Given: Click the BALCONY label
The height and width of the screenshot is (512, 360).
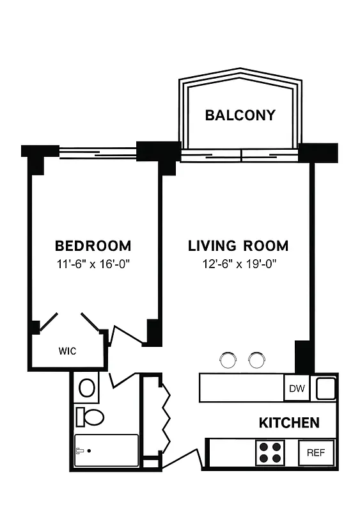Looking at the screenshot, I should [240, 115].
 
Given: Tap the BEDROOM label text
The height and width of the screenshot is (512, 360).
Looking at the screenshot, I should [93, 246].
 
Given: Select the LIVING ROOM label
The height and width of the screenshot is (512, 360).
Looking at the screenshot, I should [238, 246].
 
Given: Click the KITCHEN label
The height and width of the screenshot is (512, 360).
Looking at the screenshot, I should [289, 423].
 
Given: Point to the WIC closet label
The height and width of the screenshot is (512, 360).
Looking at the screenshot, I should [68, 351].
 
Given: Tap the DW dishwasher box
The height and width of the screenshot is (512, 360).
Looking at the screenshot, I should [297, 388].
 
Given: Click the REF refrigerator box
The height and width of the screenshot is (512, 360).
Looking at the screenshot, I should [315, 452].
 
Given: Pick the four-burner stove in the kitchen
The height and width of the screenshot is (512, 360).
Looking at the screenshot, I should [270, 452].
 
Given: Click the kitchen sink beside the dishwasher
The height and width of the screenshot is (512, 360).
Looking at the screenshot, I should [325, 388].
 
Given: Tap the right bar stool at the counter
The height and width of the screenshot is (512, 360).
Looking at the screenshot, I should [256, 360].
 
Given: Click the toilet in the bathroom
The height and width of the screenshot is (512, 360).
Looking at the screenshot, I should [90, 417].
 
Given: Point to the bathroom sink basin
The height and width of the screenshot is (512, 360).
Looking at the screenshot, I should [86, 387].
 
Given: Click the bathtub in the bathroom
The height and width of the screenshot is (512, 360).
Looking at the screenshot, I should [106, 451].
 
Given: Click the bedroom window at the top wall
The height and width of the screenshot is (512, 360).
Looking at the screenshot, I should [97, 152].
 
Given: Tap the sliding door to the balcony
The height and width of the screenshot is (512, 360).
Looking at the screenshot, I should [240, 154].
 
